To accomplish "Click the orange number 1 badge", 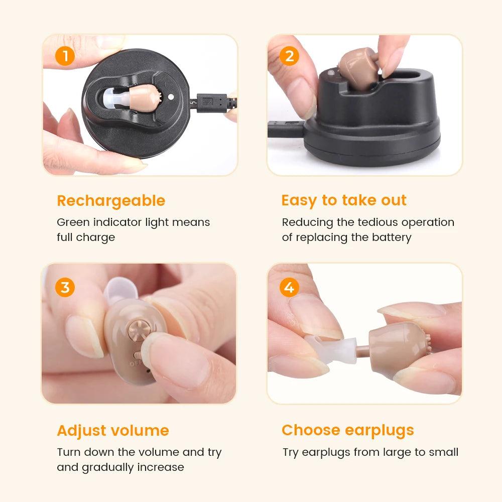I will [x=65, y=56].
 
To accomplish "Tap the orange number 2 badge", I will [x=289, y=56].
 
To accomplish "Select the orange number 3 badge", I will [x=65, y=288].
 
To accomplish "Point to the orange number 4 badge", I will [x=289, y=288].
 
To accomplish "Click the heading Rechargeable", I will [x=111, y=201].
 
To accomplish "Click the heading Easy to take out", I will [x=344, y=200].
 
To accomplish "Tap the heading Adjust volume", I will [x=113, y=431].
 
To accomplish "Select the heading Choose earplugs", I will [x=348, y=430].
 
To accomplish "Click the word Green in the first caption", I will [x=72, y=222].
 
